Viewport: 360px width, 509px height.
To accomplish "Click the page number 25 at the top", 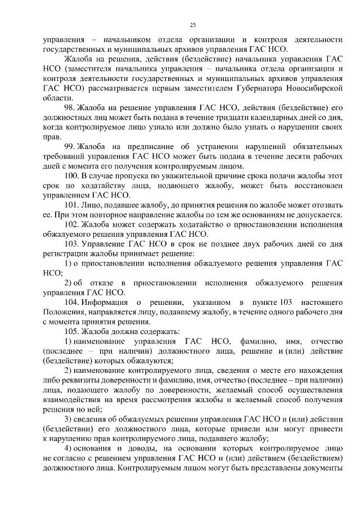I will tap(192, 25).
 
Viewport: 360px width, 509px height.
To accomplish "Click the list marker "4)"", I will tap(67, 449).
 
